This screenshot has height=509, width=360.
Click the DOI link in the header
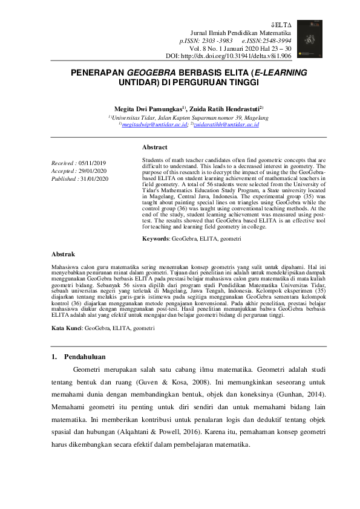click(243, 56)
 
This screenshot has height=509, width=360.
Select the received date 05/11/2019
click(92, 163)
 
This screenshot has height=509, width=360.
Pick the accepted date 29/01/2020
click(93, 171)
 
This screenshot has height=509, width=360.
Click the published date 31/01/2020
click(94, 179)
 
